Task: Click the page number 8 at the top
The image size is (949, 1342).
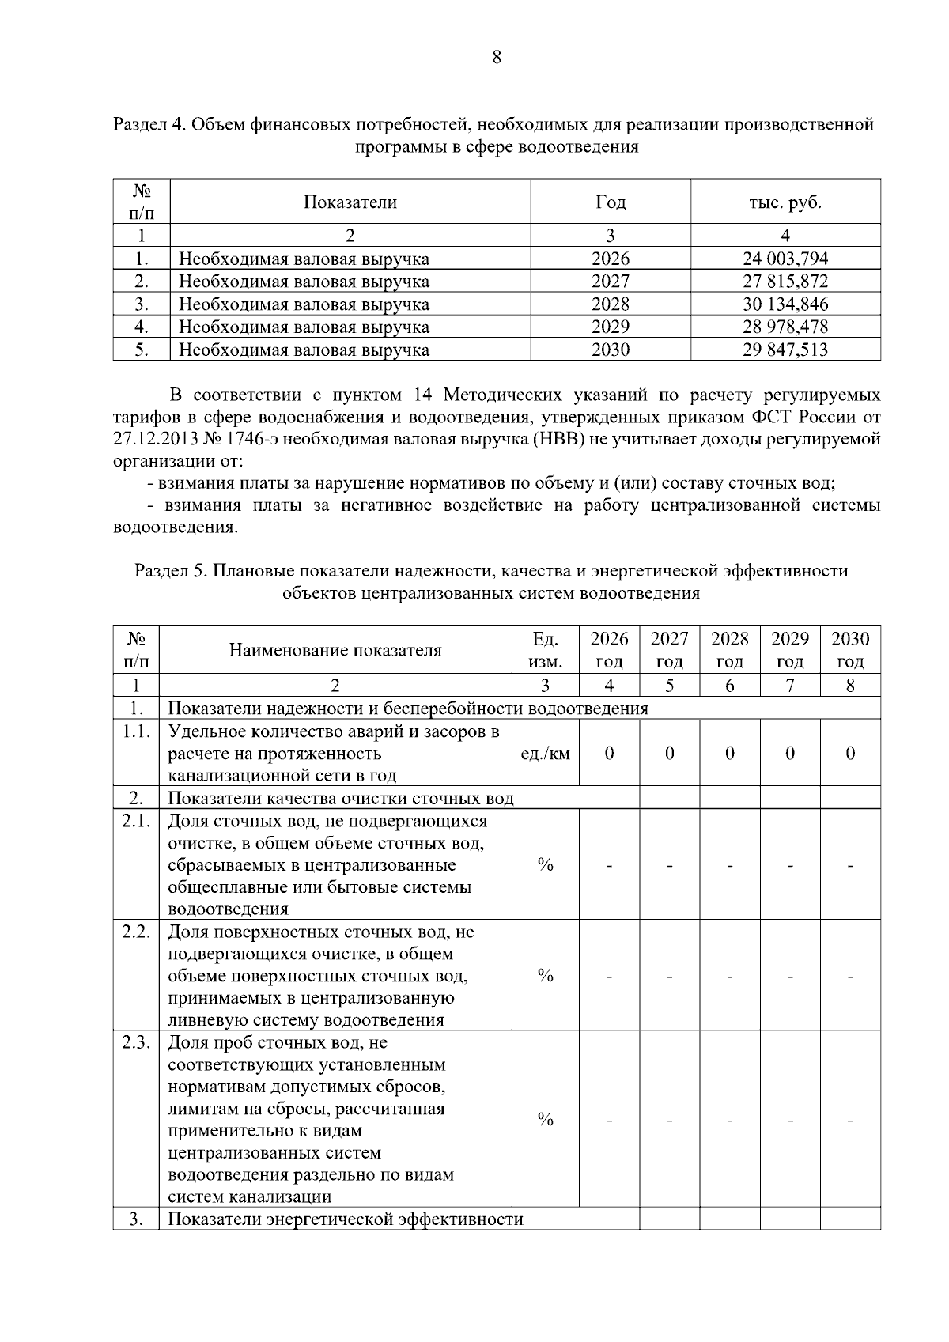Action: [497, 57]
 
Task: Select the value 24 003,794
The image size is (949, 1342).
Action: [785, 259]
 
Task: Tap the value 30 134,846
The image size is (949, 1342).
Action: [785, 304]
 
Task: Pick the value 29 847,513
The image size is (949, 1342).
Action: [785, 350]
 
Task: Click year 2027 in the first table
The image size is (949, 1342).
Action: [610, 282]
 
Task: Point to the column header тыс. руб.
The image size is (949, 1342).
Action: [785, 202]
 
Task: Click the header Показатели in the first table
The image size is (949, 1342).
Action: [350, 202]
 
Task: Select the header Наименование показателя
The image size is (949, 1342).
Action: [335, 650]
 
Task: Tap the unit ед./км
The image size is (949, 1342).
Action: [545, 754]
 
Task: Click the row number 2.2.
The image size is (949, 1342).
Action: [136, 932]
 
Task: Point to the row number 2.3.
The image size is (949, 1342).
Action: [136, 1042]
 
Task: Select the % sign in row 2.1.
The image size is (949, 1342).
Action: [545, 865]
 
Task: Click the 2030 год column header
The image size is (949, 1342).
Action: [850, 650]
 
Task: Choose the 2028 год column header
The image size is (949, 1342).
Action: [729, 650]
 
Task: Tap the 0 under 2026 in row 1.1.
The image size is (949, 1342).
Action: [609, 754]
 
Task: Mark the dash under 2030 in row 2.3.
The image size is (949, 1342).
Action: [850, 1120]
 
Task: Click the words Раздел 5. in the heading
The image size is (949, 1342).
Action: [170, 571]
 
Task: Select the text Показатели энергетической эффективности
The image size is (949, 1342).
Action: [346, 1219]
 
